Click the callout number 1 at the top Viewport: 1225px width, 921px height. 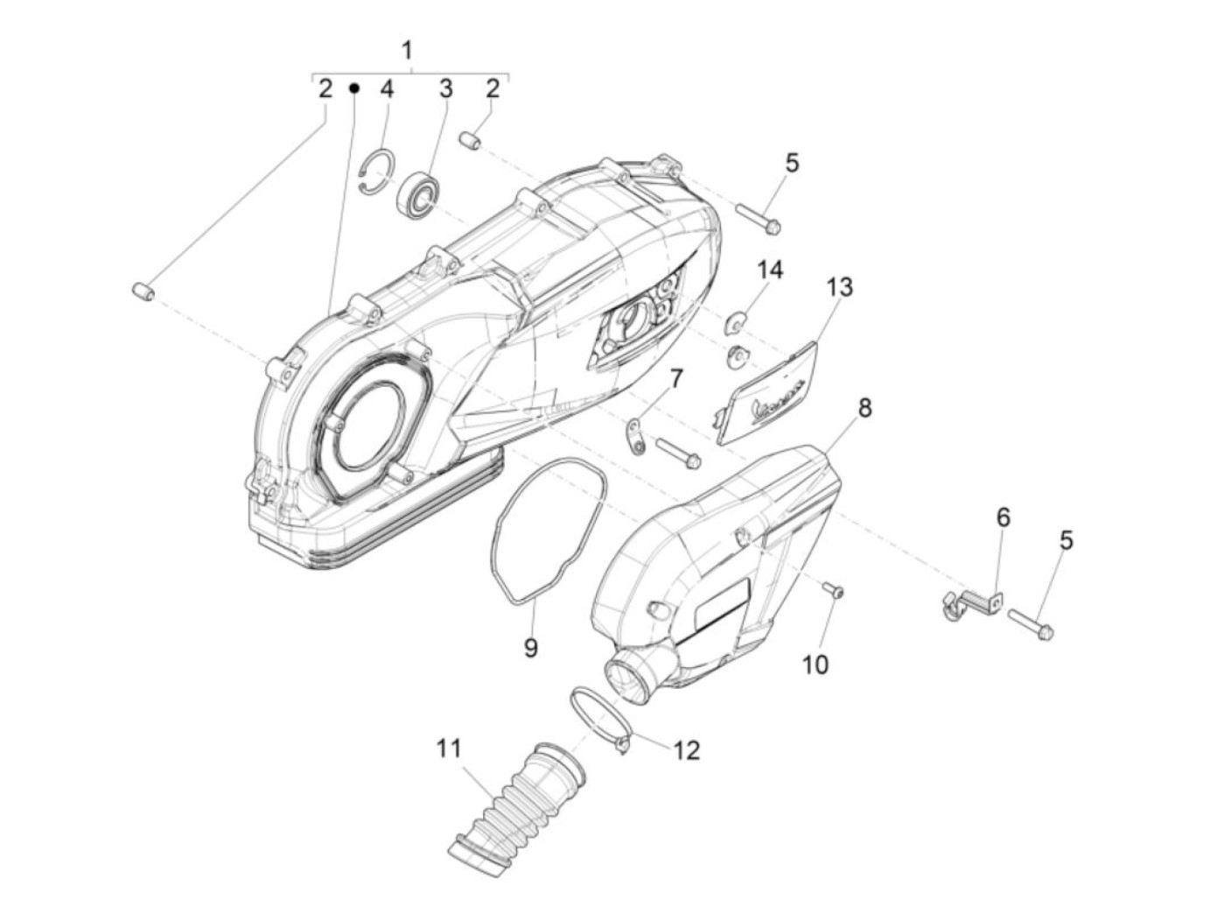coord(407,50)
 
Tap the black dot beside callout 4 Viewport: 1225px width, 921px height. coord(354,88)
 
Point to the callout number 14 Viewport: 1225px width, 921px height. coord(770,270)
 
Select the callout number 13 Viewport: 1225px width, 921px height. coord(838,287)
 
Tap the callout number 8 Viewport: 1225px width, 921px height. coord(864,407)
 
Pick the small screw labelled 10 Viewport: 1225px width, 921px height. coord(835,593)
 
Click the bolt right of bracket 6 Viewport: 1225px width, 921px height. coord(1031,622)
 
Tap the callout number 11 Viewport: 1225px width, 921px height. coord(449,749)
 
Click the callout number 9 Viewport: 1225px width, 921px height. coord(531,649)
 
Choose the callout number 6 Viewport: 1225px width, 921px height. coord(1003,517)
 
